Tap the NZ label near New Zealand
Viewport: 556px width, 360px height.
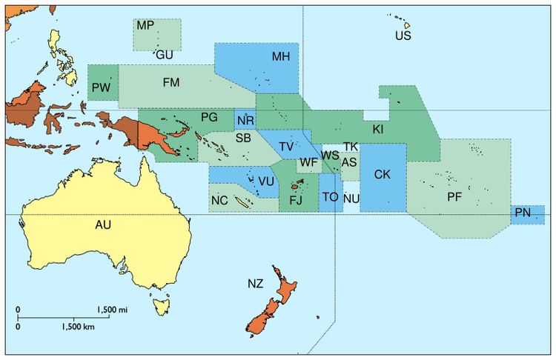click(x=255, y=283)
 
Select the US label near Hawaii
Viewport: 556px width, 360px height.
click(x=403, y=36)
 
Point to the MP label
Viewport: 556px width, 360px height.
click(x=145, y=25)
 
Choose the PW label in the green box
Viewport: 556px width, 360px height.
click(x=102, y=89)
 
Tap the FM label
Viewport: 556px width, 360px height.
click(x=171, y=82)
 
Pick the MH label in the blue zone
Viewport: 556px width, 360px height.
click(x=280, y=56)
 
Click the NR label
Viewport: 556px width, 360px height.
click(x=245, y=121)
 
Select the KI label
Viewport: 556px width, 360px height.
click(x=378, y=130)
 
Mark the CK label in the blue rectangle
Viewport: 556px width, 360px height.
click(x=383, y=175)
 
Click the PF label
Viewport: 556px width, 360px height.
click(x=455, y=197)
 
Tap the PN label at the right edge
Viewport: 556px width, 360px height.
click(x=523, y=213)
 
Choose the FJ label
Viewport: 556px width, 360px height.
click(x=296, y=200)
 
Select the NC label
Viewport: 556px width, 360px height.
click(x=219, y=200)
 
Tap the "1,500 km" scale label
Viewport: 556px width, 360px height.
click(x=79, y=326)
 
